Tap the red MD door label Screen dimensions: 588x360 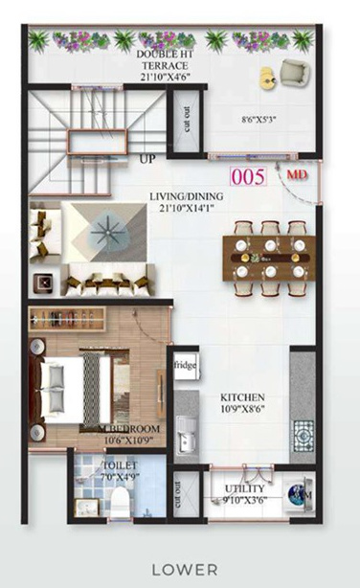pyautogui.click(x=298, y=175)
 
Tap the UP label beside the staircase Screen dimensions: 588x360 pyautogui.click(x=147, y=158)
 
